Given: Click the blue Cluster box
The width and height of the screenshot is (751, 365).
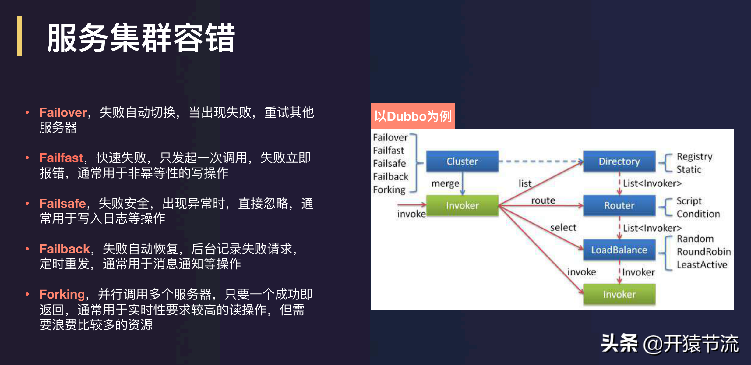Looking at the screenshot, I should [x=462, y=161].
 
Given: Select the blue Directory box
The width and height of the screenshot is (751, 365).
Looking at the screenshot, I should [x=619, y=161].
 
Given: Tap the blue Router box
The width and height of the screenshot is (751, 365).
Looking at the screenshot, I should [x=619, y=206].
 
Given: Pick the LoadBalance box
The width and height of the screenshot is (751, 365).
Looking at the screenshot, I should [x=619, y=250].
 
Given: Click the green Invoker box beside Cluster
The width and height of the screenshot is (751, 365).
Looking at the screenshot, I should [x=462, y=206].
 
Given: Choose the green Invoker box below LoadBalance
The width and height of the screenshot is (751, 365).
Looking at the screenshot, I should [x=619, y=294].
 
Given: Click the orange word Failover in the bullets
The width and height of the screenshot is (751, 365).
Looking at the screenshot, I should [x=63, y=112].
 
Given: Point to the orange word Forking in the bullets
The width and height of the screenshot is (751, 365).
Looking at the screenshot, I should [x=62, y=294].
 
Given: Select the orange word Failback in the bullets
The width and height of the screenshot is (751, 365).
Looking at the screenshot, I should [x=65, y=249].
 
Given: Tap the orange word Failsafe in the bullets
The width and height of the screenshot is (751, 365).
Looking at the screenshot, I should [x=62, y=203].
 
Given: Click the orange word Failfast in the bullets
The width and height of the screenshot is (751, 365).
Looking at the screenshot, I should [x=61, y=158].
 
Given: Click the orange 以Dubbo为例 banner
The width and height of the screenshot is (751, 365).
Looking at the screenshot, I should [x=413, y=116].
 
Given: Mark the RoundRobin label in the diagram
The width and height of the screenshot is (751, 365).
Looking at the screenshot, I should [x=703, y=252].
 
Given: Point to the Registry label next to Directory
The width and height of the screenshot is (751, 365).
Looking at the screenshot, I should [x=694, y=157].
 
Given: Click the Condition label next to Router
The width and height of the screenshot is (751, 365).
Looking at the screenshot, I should [x=698, y=214].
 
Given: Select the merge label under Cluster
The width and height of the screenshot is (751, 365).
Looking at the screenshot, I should [x=445, y=183].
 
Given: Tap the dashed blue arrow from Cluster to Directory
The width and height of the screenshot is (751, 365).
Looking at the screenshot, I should [x=541, y=161].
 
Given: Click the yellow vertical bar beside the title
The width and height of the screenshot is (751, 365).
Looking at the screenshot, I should [x=20, y=36].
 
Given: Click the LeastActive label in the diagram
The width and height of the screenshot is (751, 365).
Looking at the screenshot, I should [x=702, y=265].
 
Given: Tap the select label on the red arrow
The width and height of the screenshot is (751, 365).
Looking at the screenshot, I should [x=563, y=228].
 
